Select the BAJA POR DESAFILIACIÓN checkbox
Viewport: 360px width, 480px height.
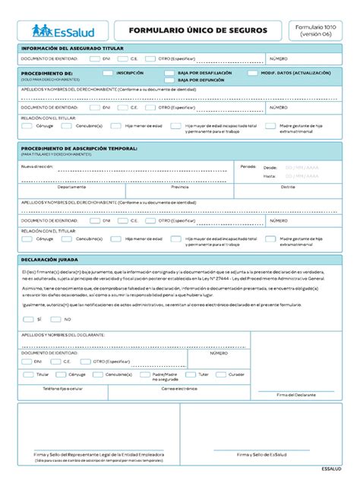pos(169,73)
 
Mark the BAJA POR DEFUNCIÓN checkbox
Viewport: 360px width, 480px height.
pos(169,80)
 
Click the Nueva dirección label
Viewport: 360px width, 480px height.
pos(37,165)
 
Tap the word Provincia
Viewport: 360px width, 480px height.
pos(180,187)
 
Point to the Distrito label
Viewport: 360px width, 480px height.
pos(288,187)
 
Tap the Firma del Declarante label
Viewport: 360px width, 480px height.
pos(296,395)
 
